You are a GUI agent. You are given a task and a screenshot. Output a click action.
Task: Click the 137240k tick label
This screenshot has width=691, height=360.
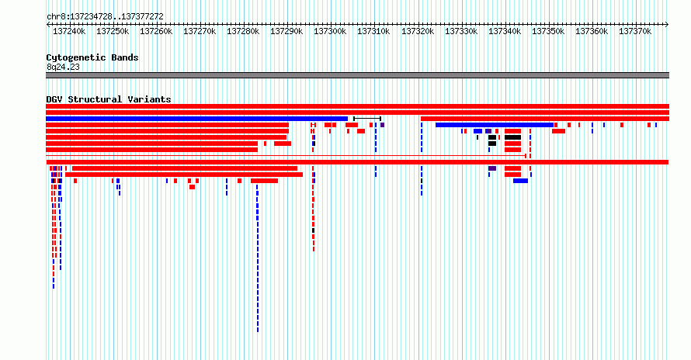coord(69,31)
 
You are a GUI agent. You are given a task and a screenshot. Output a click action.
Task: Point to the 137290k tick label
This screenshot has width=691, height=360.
coord(286,31)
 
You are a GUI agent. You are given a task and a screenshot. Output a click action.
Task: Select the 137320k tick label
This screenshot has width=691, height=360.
coord(418,31)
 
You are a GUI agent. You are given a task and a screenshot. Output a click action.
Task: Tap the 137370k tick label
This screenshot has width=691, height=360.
coord(635,31)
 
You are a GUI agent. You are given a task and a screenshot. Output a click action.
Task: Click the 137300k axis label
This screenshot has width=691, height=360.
coord(330,31)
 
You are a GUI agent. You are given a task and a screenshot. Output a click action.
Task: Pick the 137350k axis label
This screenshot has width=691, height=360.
coord(548,31)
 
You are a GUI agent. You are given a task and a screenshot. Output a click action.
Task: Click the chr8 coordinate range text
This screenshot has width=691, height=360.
coord(105,17)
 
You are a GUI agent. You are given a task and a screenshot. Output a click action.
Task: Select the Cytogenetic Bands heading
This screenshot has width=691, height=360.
coord(92,57)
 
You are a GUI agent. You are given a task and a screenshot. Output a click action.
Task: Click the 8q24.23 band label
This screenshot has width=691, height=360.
coord(63,67)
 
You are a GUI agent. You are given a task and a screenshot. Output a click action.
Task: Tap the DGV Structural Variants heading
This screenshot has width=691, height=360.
coord(109,99)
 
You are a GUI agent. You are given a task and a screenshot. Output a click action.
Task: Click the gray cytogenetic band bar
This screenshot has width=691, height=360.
coord(357,75)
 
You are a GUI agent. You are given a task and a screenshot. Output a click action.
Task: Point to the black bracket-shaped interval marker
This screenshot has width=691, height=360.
coord(367,119)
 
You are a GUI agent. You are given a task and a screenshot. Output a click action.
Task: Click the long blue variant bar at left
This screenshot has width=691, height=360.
coord(197,119)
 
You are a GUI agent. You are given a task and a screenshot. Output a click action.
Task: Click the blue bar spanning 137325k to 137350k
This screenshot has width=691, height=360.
coord(495,125)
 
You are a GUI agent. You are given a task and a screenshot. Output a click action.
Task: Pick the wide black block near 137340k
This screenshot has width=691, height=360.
coord(513,137)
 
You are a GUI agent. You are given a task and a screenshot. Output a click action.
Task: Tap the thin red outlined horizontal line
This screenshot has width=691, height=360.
coord(286,156)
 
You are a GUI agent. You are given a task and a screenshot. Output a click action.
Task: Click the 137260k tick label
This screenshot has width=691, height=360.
coord(156,31)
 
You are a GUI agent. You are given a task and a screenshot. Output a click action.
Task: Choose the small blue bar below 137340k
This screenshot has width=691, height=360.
coord(520,181)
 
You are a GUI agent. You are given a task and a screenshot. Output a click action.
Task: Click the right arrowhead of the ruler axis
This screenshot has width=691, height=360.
coord(667,25)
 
